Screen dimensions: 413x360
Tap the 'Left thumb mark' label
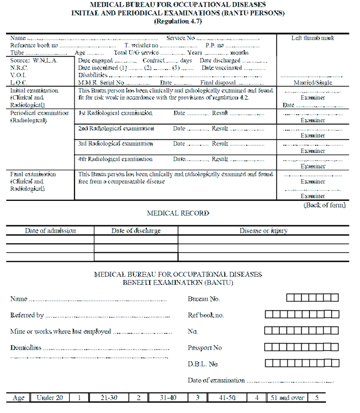pyautogui.click(x=313, y=38)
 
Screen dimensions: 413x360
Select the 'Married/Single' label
pyautogui.click(x=313, y=82)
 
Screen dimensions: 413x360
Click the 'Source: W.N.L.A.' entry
pyautogui.click(x=33, y=60)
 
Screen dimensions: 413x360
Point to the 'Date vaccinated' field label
pyautogui.click(x=222, y=68)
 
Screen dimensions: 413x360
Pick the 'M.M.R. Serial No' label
pyautogui.click(x=101, y=82)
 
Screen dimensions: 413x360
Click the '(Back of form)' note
pyautogui.click(x=324, y=205)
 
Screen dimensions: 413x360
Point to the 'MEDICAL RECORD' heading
pyautogui.click(x=178, y=213)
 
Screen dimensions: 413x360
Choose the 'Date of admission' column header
pyautogui.click(x=50, y=230)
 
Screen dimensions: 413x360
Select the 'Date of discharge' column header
pyautogui.click(x=136, y=230)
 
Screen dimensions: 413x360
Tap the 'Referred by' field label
pyautogui.click(x=27, y=315)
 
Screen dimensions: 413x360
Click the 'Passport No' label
pyautogui.click(x=205, y=348)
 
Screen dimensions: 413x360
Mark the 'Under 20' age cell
pyautogui.click(x=50, y=397)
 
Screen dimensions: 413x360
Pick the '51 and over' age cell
pyautogui.click(x=288, y=397)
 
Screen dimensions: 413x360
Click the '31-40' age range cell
pyautogui.click(x=168, y=397)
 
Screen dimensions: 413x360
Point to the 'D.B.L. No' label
pyautogui.click(x=203, y=364)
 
